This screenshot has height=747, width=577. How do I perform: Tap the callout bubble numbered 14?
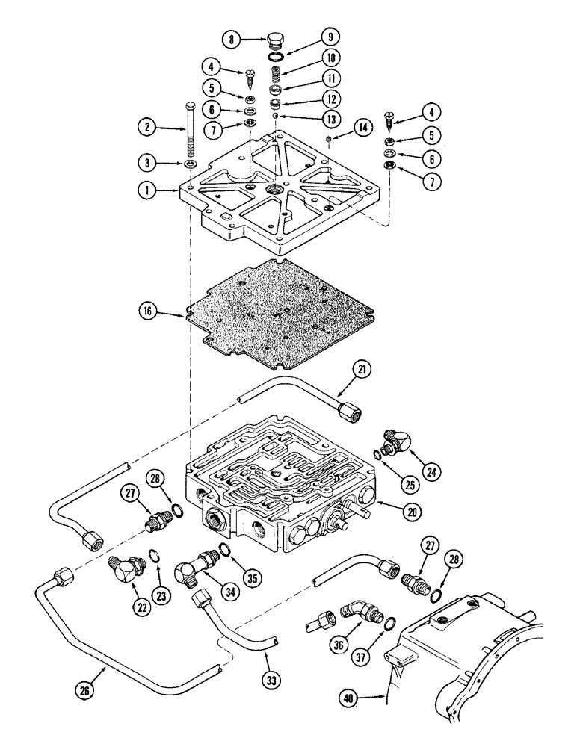point(341,128)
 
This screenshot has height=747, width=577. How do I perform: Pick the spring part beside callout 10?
point(274,74)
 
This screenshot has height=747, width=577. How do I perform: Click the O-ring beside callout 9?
point(276,55)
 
